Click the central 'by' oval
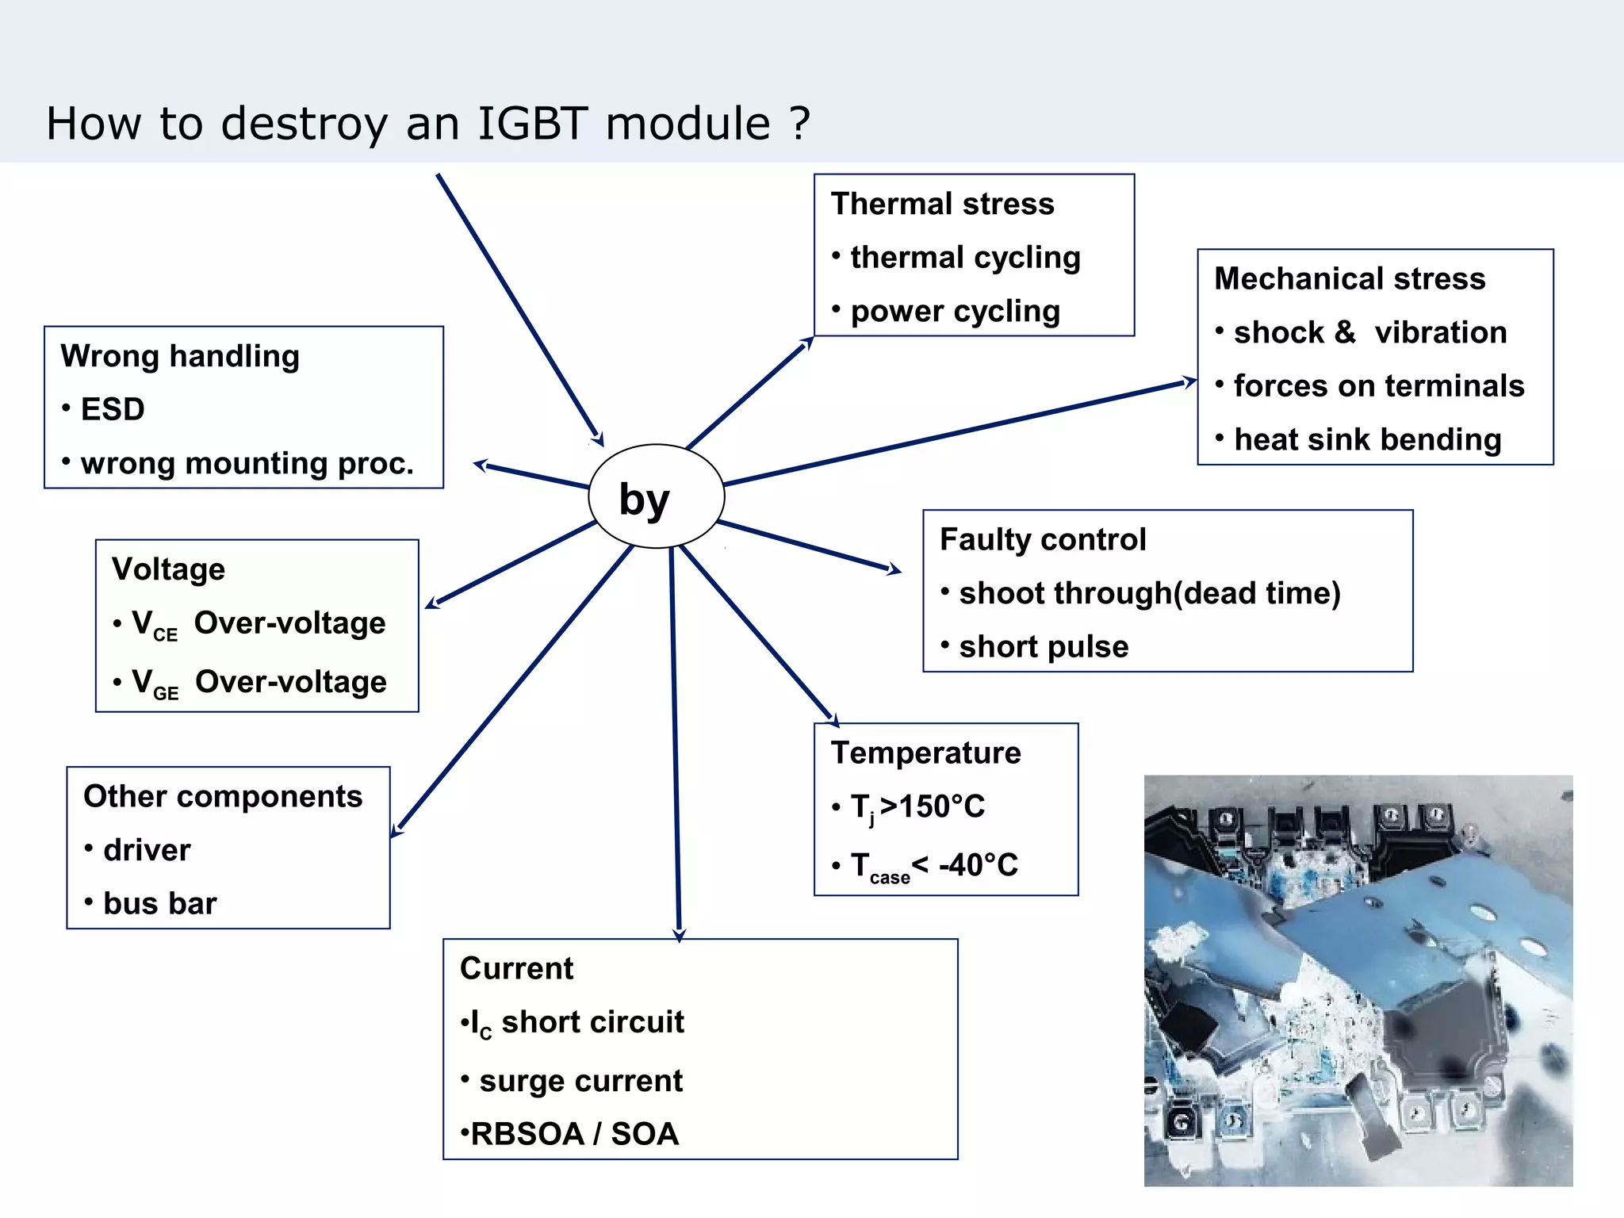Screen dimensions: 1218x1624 (x=656, y=496)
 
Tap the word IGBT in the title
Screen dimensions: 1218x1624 (x=533, y=124)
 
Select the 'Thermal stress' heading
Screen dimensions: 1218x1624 (x=942, y=204)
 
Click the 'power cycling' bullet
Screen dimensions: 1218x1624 (x=954, y=311)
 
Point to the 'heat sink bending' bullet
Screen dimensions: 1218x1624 (x=1366, y=439)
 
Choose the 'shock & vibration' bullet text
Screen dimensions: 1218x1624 (x=1369, y=332)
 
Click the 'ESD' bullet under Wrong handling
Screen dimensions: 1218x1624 (x=112, y=409)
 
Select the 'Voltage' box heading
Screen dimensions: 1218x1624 (x=168, y=569)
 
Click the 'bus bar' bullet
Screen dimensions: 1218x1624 (x=159, y=903)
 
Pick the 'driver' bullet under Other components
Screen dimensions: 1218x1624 (x=147, y=850)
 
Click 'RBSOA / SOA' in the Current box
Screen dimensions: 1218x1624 (x=573, y=1134)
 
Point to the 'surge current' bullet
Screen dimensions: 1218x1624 (x=580, y=1081)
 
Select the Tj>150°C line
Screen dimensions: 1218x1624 (x=917, y=807)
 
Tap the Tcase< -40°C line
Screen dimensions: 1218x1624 (x=933, y=865)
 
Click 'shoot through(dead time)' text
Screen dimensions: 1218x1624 (x=1149, y=593)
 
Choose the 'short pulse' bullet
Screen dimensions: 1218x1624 (x=1043, y=647)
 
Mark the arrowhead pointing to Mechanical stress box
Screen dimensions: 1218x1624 (x=1189, y=382)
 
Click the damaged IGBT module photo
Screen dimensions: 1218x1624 (x=1358, y=980)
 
